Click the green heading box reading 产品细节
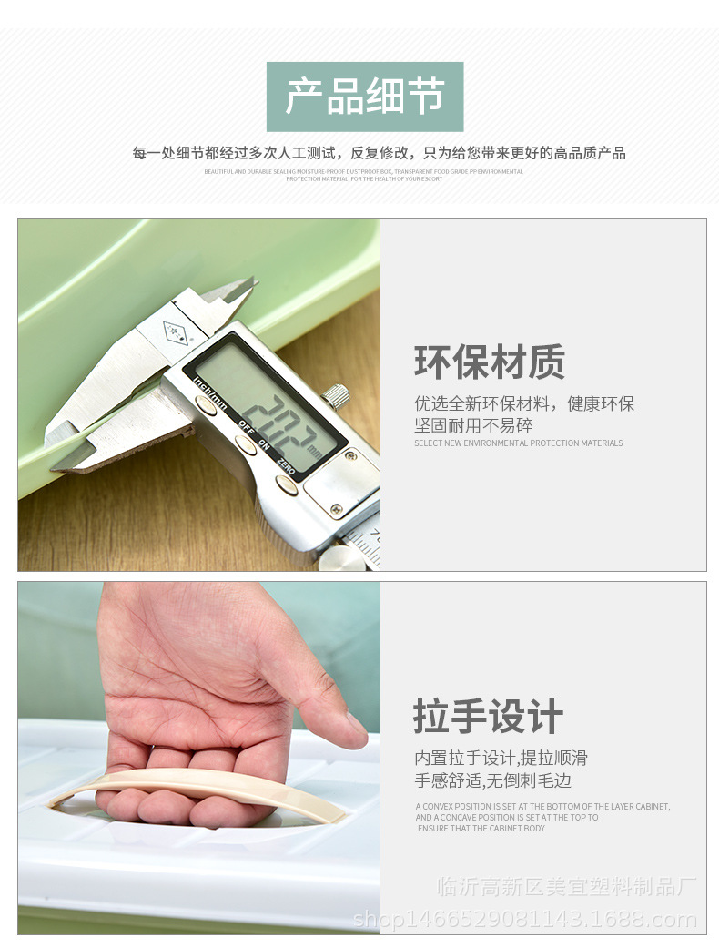click(365, 97)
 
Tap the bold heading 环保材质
click(490, 362)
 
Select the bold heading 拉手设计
click(489, 717)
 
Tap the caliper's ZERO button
click(287, 485)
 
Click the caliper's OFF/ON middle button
click(245, 444)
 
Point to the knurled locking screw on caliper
click(337, 395)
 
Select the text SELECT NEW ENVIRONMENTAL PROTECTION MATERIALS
click(519, 443)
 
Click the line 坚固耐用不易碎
click(474, 425)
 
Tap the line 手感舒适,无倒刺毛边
click(493, 780)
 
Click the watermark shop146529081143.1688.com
click(525, 920)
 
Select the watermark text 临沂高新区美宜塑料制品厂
click(566, 886)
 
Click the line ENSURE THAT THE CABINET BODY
click(481, 829)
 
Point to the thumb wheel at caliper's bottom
click(343, 558)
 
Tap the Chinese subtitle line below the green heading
click(379, 153)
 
